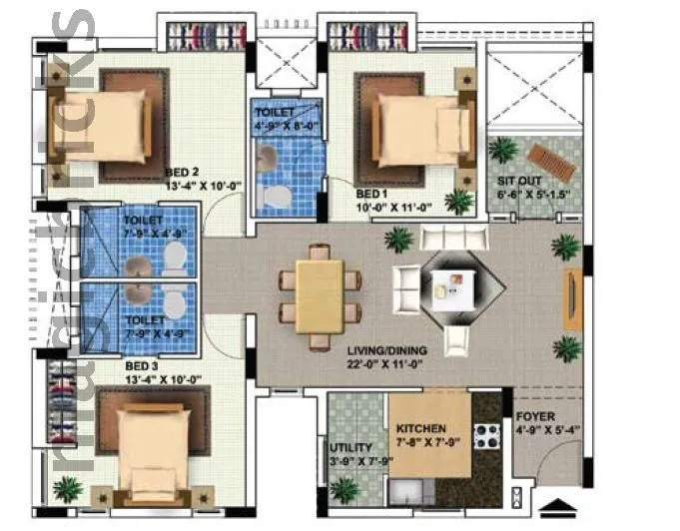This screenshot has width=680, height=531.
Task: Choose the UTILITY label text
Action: click(x=349, y=448)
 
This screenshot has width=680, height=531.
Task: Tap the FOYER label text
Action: click(x=535, y=417)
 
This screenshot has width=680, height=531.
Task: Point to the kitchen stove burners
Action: click(x=485, y=435)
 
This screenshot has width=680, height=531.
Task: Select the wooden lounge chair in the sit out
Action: click(x=548, y=157)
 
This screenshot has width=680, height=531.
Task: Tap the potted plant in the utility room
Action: click(x=344, y=490)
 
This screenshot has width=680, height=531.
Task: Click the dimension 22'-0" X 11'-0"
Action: click(x=385, y=366)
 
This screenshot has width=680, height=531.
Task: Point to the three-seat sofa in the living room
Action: click(x=454, y=238)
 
